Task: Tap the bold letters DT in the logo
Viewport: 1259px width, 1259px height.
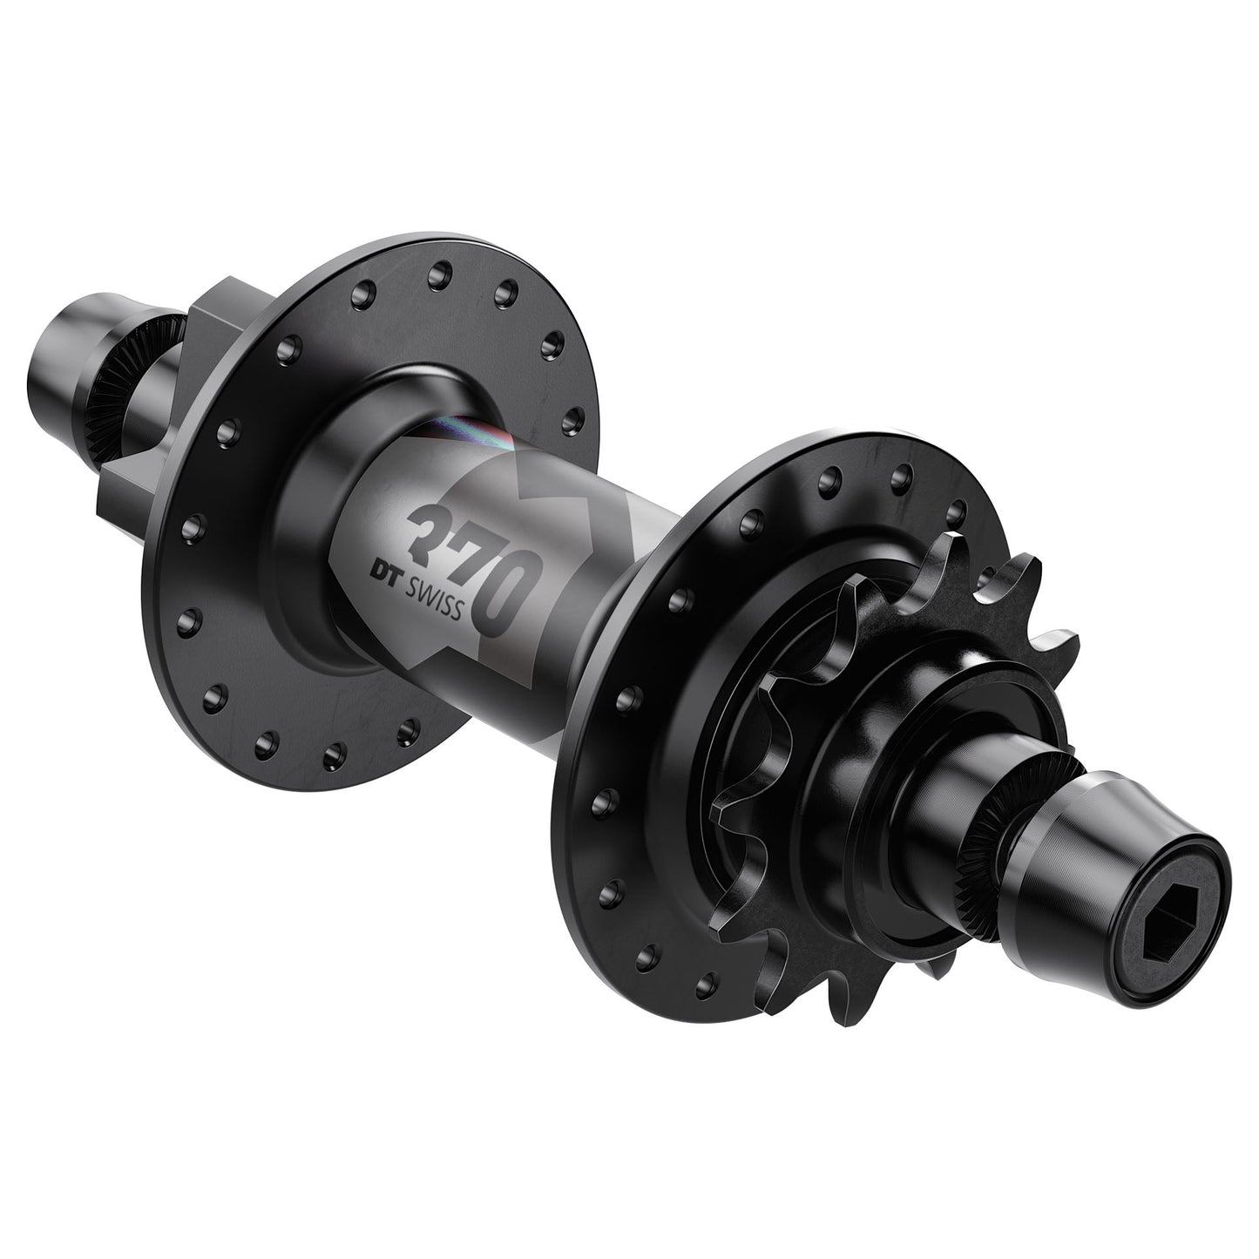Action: [x=384, y=572]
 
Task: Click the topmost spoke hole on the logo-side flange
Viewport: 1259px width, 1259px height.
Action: [x=434, y=275]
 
